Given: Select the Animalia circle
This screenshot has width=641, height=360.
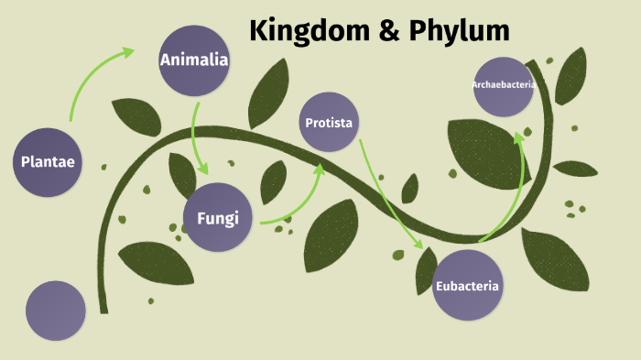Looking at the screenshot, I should click(x=193, y=60).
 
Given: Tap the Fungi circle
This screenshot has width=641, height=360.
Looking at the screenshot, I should click(x=217, y=218).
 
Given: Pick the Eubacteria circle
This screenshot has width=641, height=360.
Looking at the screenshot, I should click(x=467, y=285).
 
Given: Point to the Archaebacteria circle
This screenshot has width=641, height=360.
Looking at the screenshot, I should click(x=504, y=86).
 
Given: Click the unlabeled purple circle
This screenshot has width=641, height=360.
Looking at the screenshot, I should click(x=56, y=311).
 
